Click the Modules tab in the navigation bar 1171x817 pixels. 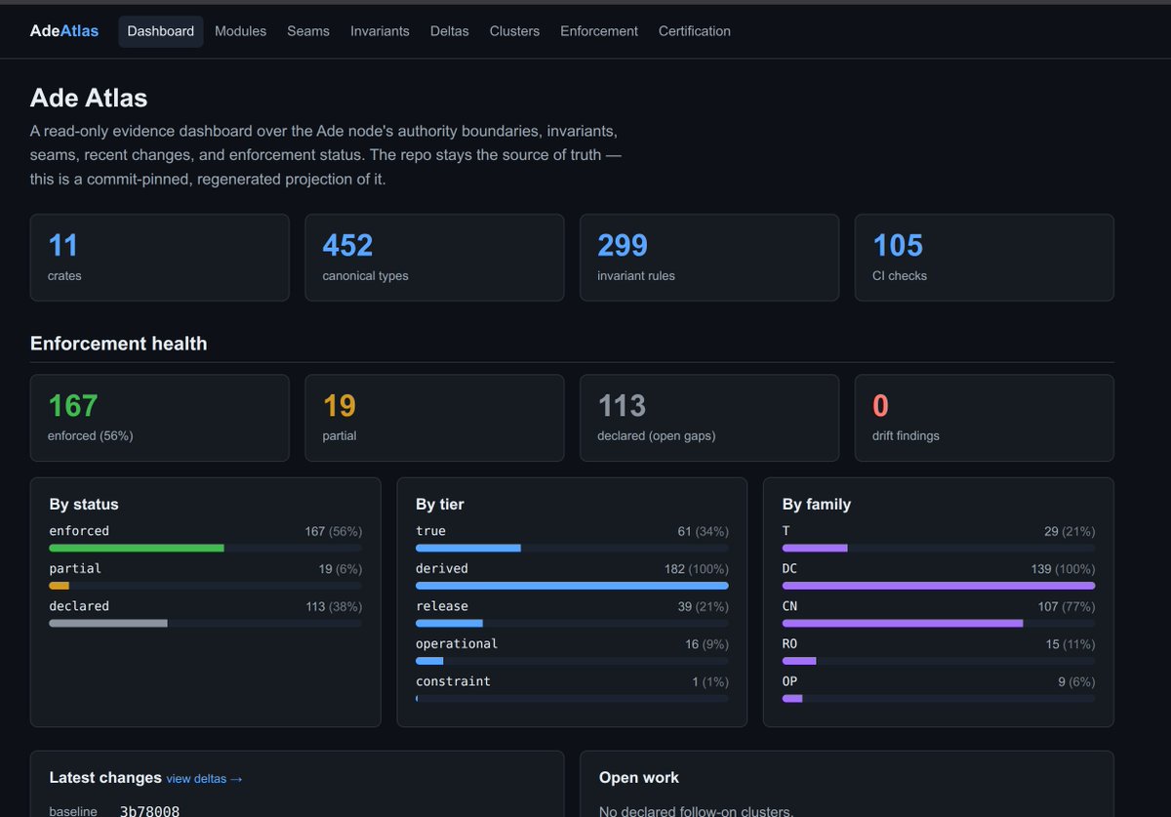(x=240, y=31)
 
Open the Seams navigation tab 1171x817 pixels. (x=308, y=31)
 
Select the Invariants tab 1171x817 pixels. (x=380, y=31)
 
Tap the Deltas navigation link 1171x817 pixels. (x=449, y=31)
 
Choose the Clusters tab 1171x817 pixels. (x=514, y=31)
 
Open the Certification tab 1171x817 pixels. (x=694, y=31)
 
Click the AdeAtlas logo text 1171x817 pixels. (x=63, y=31)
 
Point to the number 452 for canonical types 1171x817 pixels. (x=347, y=245)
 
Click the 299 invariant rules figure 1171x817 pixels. (x=623, y=245)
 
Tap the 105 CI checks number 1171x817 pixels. (x=898, y=245)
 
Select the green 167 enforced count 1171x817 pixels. (x=72, y=405)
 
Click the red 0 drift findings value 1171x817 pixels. (x=880, y=405)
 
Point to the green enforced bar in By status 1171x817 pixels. (x=137, y=549)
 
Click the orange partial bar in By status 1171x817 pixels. (x=60, y=586)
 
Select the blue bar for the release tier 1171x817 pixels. (x=449, y=624)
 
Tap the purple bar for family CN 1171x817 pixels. (x=903, y=624)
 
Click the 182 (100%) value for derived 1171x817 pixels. (x=697, y=569)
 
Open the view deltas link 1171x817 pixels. (x=204, y=779)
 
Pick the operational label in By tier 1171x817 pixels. (x=457, y=644)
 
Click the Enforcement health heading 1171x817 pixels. (x=119, y=344)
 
